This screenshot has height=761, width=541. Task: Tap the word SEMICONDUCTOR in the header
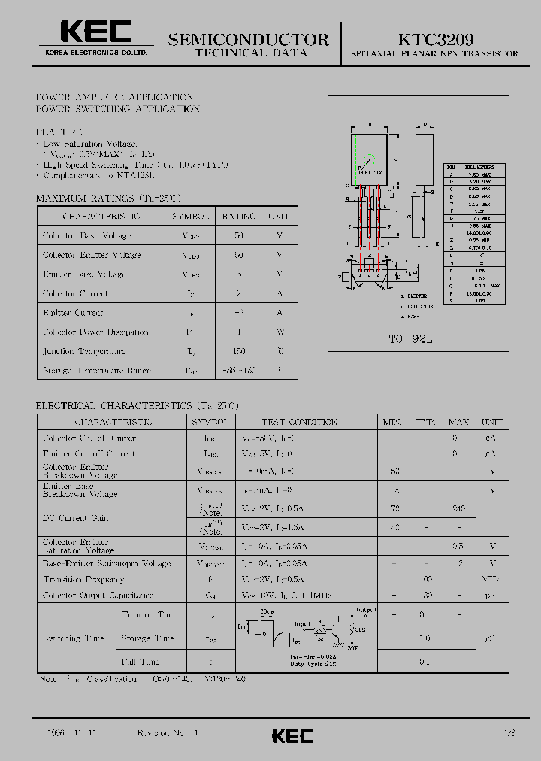click(248, 39)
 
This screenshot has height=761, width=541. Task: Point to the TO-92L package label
click(410, 339)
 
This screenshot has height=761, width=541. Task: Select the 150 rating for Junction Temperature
click(238, 351)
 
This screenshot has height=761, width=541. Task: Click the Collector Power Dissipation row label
click(95, 332)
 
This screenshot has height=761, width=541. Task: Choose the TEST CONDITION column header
click(299, 422)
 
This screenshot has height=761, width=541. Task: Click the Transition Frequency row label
click(83, 579)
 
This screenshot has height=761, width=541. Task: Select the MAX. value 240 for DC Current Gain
click(459, 508)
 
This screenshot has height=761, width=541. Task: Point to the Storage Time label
click(147, 638)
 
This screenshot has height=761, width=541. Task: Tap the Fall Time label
click(141, 662)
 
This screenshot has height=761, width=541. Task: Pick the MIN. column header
click(392, 422)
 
